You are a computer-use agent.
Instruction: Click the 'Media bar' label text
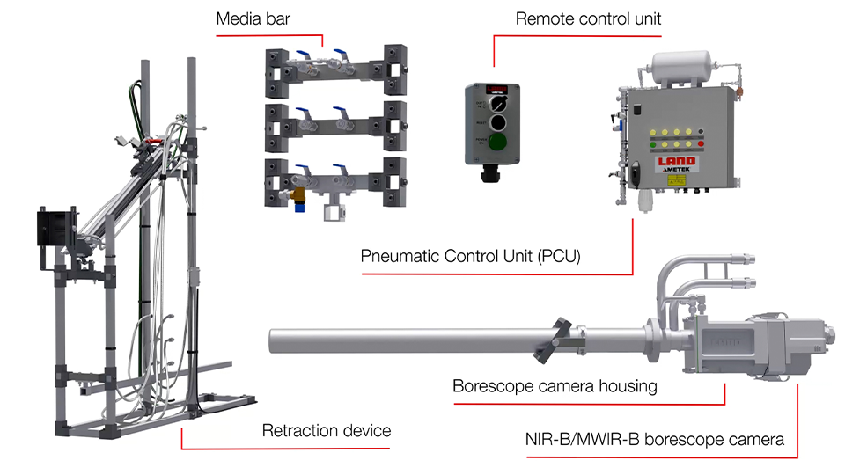coord(254,19)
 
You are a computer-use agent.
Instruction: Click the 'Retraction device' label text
coord(327,430)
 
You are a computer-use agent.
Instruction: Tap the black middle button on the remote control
coord(497,123)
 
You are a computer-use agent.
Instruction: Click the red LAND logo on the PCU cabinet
coord(677,161)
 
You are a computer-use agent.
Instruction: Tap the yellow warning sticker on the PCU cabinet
coord(677,179)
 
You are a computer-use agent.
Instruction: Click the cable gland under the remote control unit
coord(489,173)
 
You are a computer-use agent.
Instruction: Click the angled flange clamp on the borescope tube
coord(558,340)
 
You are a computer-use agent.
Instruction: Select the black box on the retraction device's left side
coord(54,230)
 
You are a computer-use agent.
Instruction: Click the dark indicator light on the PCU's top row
coord(701,133)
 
